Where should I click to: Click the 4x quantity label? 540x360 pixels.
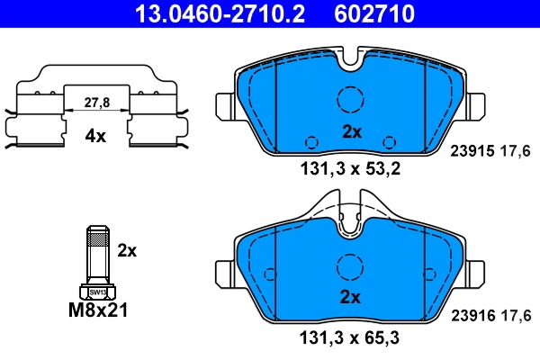click(95, 137)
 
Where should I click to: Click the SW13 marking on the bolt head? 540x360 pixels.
click(94, 292)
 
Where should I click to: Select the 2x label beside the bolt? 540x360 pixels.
click(127, 250)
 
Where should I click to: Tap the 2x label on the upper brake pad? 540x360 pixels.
click(351, 130)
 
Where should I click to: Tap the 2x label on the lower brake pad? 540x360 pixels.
click(351, 298)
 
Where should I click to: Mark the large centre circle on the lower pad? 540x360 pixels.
click(349, 266)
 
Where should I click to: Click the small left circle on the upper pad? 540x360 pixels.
click(311, 141)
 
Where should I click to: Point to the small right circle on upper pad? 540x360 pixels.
click(389, 141)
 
